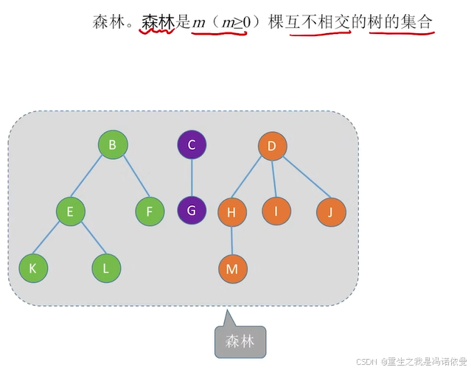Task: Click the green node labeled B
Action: (113, 145)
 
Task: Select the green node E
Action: (70, 212)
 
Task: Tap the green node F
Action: (150, 212)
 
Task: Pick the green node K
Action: (33, 268)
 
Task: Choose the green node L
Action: (106, 268)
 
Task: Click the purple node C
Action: (192, 145)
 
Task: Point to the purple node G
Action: (192, 211)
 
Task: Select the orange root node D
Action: (272, 146)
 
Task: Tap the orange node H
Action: (232, 212)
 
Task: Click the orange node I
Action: (276, 212)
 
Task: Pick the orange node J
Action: (331, 212)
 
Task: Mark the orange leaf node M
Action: (232, 269)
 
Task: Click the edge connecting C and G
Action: (192, 178)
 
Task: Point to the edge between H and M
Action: (232, 241)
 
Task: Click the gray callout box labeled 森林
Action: (240, 341)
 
